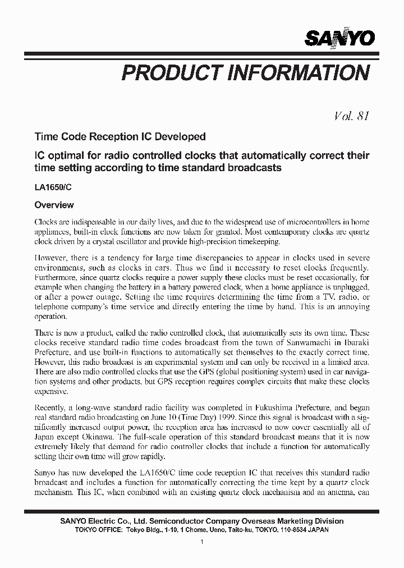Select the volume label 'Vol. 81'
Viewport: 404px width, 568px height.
(x=351, y=116)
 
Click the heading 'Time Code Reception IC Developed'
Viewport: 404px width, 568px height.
(x=120, y=136)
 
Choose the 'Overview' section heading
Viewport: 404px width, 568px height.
(x=54, y=205)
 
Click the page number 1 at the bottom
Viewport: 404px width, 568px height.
(x=202, y=542)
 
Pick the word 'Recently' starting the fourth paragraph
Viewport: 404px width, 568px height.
(x=50, y=406)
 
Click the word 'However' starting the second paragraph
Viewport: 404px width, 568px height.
(x=52, y=258)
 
